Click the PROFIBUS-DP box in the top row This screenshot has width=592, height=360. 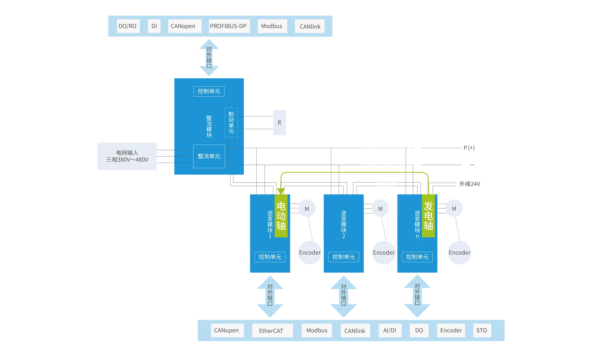pyautogui.click(x=228, y=26)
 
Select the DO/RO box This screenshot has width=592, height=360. pyautogui.click(x=128, y=26)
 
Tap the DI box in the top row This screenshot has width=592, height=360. pyautogui.click(x=154, y=26)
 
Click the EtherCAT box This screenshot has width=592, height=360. pyautogui.click(x=271, y=331)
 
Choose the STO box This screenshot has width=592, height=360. pyautogui.click(x=482, y=330)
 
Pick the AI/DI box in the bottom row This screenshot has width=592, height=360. pyautogui.click(x=390, y=330)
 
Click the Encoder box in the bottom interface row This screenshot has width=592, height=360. pyautogui.click(x=451, y=330)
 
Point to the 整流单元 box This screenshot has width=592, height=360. pyautogui.click(x=209, y=156)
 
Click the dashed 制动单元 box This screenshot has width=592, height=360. pyautogui.click(x=231, y=122)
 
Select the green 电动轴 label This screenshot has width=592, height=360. pyautogui.click(x=281, y=216)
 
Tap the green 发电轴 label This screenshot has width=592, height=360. pyautogui.click(x=428, y=216)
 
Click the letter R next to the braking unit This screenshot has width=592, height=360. pyautogui.click(x=279, y=122)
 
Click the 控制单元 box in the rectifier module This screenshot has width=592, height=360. pyautogui.click(x=209, y=91)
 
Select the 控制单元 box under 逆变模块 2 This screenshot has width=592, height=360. pyautogui.click(x=343, y=257)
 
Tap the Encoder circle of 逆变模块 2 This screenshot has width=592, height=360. pyautogui.click(x=383, y=253)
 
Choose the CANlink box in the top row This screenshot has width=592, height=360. pyautogui.click(x=310, y=27)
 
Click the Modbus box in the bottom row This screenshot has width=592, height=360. pyautogui.click(x=317, y=330)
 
